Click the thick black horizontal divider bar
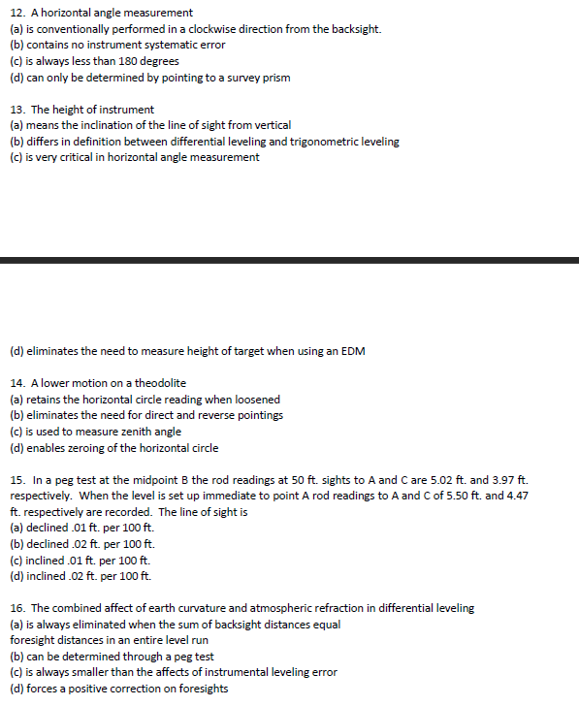click(x=289, y=260)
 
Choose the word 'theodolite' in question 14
click(x=160, y=383)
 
